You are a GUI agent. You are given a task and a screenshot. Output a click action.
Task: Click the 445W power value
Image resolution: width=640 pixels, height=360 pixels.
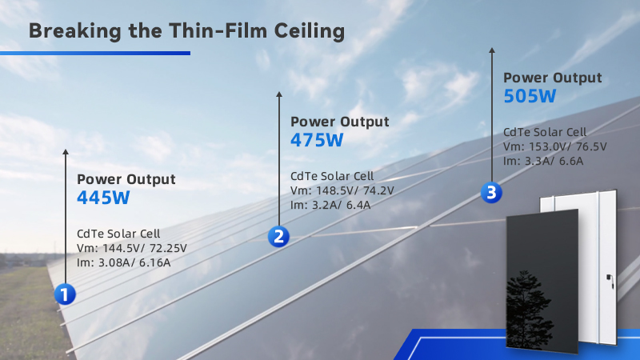[103, 198]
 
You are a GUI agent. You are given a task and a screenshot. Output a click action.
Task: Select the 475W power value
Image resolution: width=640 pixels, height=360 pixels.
[317, 140]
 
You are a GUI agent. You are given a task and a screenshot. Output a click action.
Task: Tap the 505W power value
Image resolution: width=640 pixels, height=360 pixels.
[530, 96]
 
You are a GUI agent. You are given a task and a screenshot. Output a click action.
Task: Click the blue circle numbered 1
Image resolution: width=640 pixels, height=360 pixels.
[65, 294]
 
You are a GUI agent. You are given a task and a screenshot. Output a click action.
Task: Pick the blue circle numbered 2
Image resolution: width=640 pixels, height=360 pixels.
[278, 237]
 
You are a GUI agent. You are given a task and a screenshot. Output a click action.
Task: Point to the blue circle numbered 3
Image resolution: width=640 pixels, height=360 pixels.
[491, 193]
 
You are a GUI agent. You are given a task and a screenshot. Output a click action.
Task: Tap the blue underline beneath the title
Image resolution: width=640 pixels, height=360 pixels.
[95, 53]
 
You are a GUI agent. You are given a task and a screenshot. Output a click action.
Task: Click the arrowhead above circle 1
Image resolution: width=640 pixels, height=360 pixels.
[66, 152]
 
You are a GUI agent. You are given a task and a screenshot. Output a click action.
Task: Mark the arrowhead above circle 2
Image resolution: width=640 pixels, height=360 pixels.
[279, 94]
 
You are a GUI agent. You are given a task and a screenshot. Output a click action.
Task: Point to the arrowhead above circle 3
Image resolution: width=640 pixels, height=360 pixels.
[492, 50]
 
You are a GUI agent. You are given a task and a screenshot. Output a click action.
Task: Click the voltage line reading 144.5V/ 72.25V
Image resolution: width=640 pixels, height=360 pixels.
[132, 248]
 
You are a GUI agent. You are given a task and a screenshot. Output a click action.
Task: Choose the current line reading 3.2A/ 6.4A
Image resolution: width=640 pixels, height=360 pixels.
[330, 205]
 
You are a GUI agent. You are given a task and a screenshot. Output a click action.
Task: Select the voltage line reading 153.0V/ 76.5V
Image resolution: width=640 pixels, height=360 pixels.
[554, 146]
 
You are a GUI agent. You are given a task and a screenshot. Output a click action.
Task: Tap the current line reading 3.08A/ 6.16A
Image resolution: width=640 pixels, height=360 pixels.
[124, 262]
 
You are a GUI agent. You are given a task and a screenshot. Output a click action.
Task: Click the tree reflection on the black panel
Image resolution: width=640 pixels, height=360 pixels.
[529, 310]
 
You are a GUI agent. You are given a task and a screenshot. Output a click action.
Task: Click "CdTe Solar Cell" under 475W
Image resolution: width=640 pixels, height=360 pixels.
[332, 176]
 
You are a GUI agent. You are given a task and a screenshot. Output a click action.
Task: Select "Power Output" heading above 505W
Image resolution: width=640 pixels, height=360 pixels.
[552, 78]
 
